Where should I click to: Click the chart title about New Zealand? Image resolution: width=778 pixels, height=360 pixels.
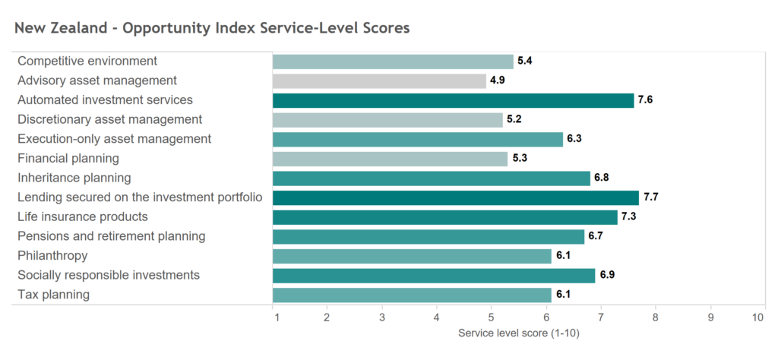pyautogui.click(x=212, y=28)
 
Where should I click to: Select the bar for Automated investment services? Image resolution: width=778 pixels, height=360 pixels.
pyautogui.click(x=453, y=100)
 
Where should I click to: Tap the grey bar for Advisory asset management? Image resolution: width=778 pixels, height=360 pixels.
pyautogui.click(x=379, y=81)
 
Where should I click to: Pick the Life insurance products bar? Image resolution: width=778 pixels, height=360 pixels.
pyautogui.click(x=444, y=217)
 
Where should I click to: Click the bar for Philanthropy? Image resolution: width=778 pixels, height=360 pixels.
pyautogui.click(x=412, y=256)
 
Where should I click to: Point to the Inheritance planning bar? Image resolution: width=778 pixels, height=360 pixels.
pyautogui.click(x=431, y=178)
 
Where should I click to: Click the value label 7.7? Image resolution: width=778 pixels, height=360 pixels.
pyautogui.click(x=651, y=197)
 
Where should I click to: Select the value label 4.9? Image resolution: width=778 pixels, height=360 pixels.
pyautogui.click(x=498, y=81)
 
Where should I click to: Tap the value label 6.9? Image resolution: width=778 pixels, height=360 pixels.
pyautogui.click(x=607, y=275)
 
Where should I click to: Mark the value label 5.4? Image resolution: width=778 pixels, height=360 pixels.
pyautogui.click(x=525, y=61)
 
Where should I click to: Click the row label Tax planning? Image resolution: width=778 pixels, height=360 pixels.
pyautogui.click(x=53, y=295)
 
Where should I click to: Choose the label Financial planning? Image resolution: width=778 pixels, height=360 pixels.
pyautogui.click(x=68, y=159)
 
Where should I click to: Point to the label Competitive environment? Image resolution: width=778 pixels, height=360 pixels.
pyautogui.click(x=87, y=61)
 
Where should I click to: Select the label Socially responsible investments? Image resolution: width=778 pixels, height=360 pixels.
pyautogui.click(x=109, y=275)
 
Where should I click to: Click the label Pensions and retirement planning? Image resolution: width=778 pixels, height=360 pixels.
pyautogui.click(x=111, y=236)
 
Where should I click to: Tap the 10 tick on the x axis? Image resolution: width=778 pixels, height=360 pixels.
pyautogui.click(x=757, y=317)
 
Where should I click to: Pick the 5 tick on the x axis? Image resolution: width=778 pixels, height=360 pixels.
pyautogui.click(x=492, y=317)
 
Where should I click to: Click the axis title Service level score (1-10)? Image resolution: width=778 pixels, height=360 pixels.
pyautogui.click(x=519, y=333)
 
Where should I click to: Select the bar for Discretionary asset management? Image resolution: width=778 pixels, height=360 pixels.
pyautogui.click(x=387, y=119)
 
